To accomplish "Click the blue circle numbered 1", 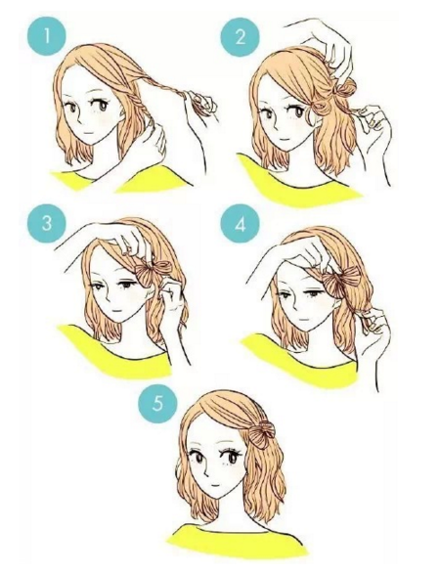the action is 47,37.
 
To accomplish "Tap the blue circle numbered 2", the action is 240,37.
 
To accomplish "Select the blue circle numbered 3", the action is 47,223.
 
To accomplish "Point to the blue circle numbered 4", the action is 240,224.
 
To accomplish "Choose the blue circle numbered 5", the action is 157,404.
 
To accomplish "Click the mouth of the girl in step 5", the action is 215,484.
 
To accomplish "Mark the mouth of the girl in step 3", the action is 116,310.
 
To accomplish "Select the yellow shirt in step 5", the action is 235,541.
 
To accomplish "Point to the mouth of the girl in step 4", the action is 304,319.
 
